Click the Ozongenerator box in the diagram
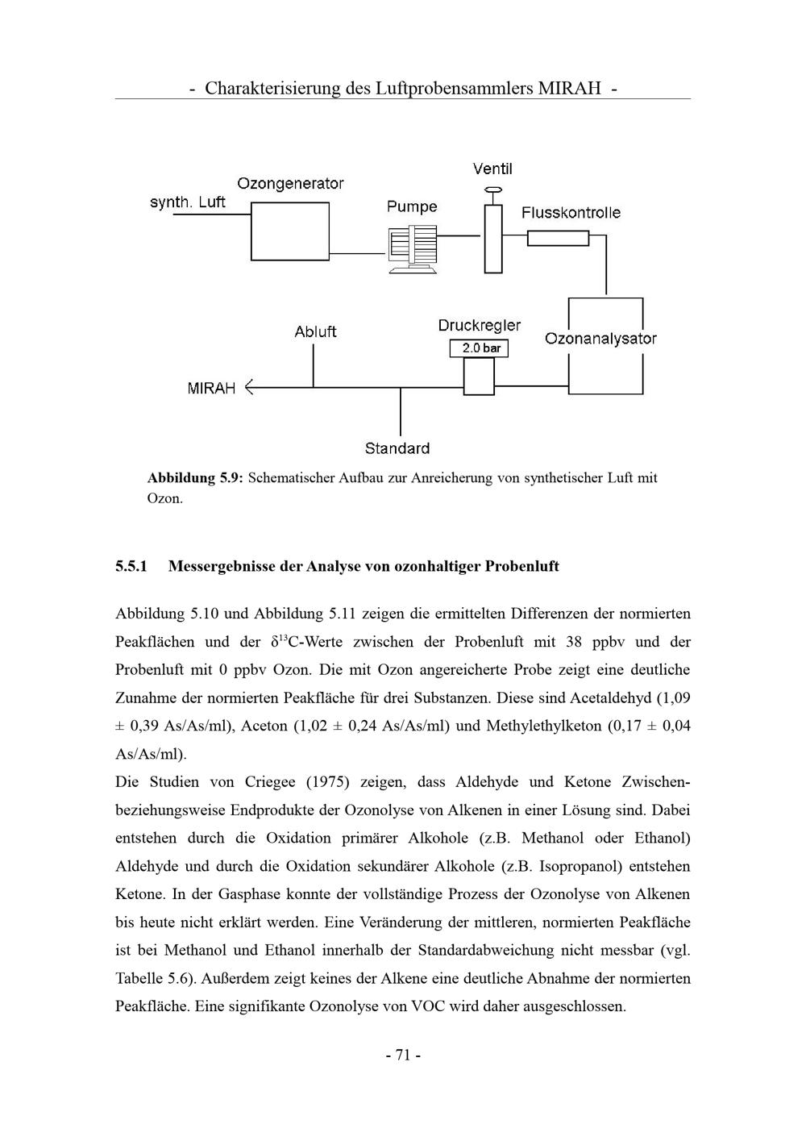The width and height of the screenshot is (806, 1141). pyautogui.click(x=290, y=231)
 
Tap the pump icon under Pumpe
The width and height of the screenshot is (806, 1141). pyautogui.click(x=412, y=249)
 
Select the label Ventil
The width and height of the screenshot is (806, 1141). pyautogui.click(x=492, y=169)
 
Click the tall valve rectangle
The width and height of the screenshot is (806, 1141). pyautogui.click(x=492, y=239)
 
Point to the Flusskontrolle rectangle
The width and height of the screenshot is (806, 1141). pyautogui.click(x=558, y=238)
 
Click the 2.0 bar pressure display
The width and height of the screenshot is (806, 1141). pyautogui.click(x=479, y=348)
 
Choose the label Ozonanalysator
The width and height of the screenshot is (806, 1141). pyautogui.click(x=600, y=339)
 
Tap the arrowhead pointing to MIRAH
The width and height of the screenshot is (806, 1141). pyautogui.click(x=249, y=388)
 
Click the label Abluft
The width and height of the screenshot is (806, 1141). pyautogui.click(x=315, y=331)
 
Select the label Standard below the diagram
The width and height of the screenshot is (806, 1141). pyautogui.click(x=397, y=448)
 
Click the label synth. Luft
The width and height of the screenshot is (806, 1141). pyautogui.click(x=188, y=202)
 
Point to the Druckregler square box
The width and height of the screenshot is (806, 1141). pyautogui.click(x=479, y=377)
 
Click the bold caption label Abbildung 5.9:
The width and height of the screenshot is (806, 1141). pyautogui.click(x=194, y=478)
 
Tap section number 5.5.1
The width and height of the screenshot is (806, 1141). pyautogui.click(x=131, y=566)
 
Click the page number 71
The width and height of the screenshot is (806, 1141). pyautogui.click(x=403, y=1055)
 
